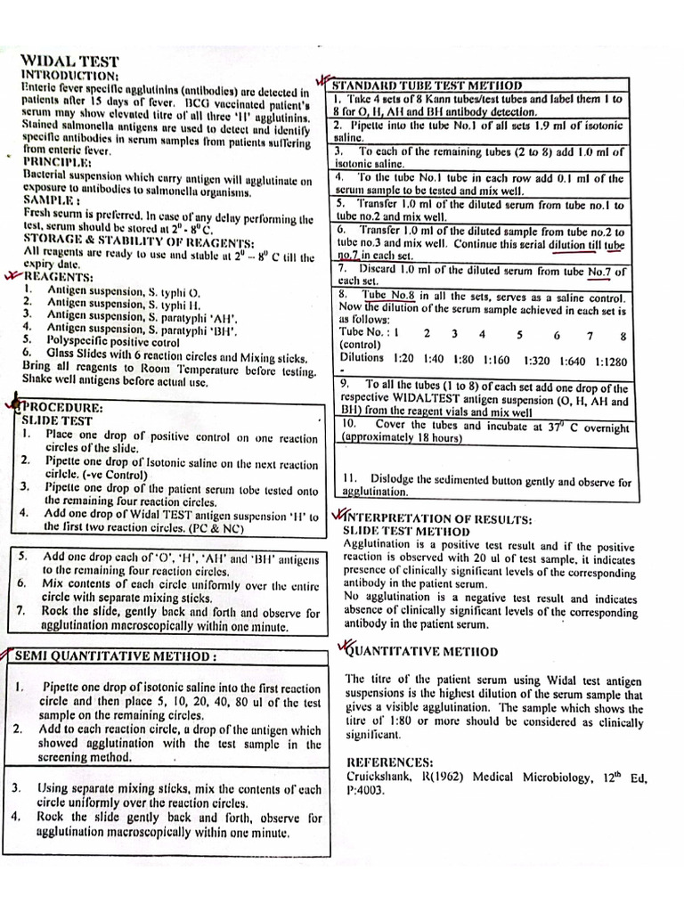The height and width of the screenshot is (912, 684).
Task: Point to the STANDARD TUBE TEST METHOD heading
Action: pyautogui.click(x=427, y=85)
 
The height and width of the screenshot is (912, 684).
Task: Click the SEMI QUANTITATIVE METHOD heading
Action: pyautogui.click(x=115, y=656)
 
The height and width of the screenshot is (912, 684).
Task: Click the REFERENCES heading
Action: pyautogui.click(x=390, y=761)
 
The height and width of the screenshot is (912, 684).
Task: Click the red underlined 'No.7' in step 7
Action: pyautogui.click(x=607, y=271)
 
